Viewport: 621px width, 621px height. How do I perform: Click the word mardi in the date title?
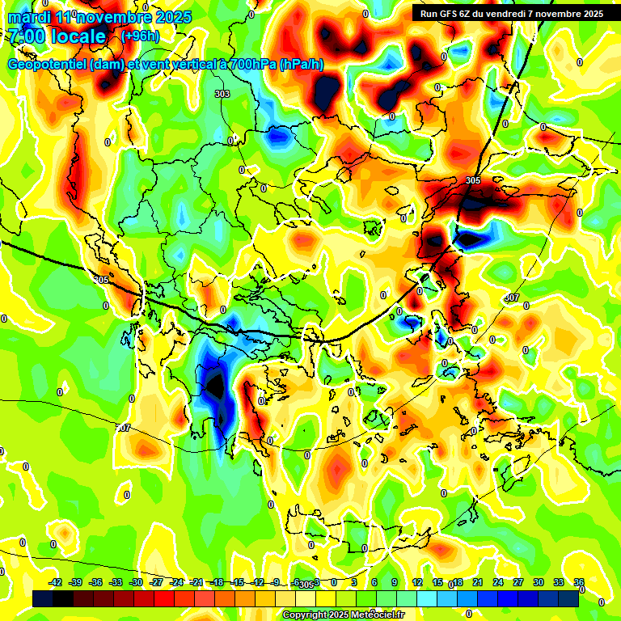[30, 17]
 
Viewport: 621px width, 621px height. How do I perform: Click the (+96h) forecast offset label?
[140, 36]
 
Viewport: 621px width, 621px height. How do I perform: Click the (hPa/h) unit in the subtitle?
[302, 65]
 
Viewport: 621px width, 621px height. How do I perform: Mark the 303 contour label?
[222, 95]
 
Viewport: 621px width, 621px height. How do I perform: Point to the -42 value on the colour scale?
[56, 582]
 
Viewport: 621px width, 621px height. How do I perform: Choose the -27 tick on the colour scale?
[156, 582]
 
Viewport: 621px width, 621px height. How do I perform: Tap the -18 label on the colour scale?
[217, 582]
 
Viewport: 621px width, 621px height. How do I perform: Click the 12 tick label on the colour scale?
[417, 582]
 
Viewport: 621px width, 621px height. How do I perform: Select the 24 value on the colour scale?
[498, 582]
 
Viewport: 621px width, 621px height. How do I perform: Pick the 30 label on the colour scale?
[539, 582]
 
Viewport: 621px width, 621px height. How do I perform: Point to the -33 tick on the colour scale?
[116, 582]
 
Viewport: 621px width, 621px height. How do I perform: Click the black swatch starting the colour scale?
[43, 598]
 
